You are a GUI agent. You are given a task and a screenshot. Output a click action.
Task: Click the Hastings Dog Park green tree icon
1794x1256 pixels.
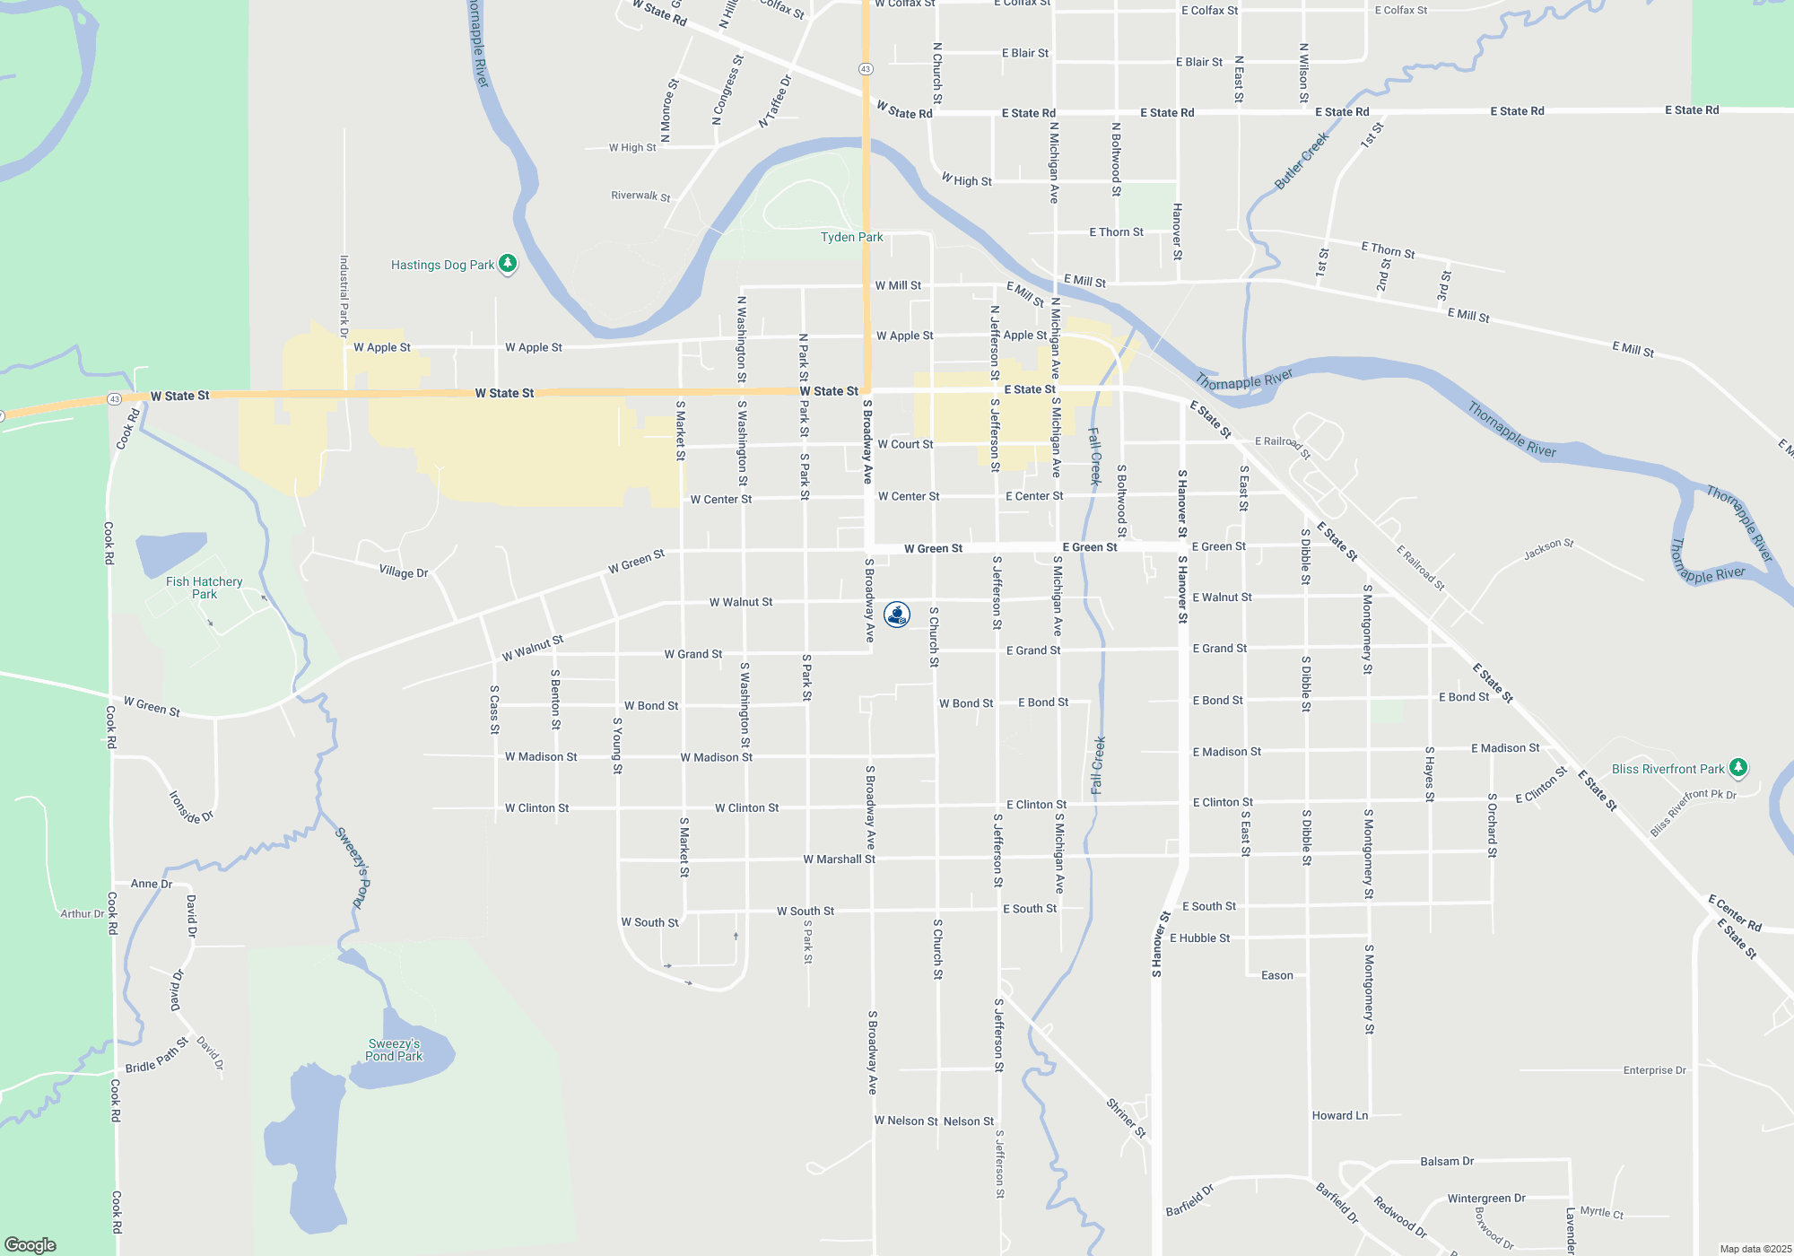(x=508, y=264)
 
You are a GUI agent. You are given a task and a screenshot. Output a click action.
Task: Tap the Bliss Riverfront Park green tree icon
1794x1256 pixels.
(x=1738, y=768)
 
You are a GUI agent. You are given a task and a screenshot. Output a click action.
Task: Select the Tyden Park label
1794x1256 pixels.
(x=851, y=237)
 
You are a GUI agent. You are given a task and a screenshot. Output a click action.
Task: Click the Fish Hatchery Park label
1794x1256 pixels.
(x=205, y=588)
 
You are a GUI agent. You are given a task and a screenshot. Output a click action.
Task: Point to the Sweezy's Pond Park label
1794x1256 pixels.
(x=394, y=1050)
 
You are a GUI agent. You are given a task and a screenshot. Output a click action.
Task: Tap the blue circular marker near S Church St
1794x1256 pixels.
(x=897, y=615)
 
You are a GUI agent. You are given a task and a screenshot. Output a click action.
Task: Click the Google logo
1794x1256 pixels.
(x=30, y=1244)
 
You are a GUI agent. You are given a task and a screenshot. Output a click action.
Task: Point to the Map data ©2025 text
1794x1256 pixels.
(x=1755, y=1249)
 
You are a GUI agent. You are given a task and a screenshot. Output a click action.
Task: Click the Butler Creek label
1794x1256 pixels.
(x=1301, y=161)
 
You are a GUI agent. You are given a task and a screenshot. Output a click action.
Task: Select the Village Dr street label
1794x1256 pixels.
(x=403, y=572)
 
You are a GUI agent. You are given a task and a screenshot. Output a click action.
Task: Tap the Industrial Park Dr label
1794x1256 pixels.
(x=344, y=296)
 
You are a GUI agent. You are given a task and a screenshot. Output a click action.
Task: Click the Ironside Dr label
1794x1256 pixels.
(x=191, y=807)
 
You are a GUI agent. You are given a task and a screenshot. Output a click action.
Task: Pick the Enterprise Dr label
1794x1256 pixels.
(x=1654, y=1070)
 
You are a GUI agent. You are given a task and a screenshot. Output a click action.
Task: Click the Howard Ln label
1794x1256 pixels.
(x=1340, y=1116)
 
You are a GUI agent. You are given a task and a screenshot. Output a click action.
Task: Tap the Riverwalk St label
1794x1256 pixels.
(x=640, y=196)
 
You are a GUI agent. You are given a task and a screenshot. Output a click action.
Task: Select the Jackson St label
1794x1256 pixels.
(x=1548, y=550)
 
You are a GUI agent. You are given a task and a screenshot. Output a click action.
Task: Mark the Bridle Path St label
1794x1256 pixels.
(x=157, y=1055)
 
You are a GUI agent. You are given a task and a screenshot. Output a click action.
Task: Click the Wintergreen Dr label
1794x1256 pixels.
(x=1486, y=1199)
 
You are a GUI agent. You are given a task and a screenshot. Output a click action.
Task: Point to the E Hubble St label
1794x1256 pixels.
(x=1199, y=938)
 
